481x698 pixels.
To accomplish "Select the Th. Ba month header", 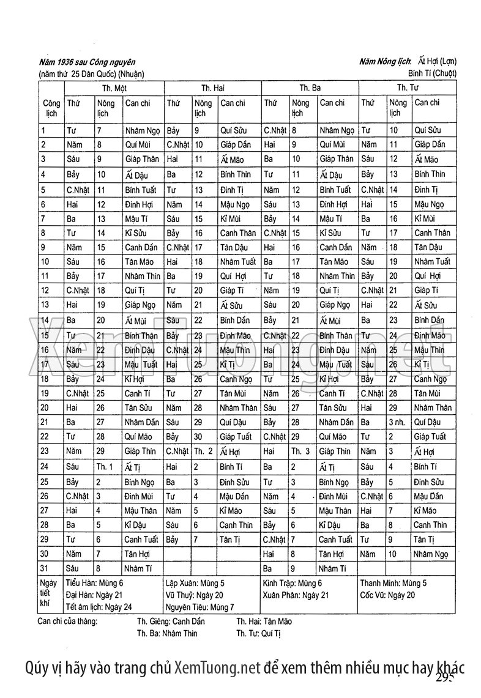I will tap(310, 88).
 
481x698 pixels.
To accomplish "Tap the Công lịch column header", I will tap(51, 108).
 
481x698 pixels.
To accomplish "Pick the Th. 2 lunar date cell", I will tap(203, 451).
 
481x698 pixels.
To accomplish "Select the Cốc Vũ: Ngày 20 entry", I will tap(388, 595).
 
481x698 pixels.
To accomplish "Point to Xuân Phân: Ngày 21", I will tap(296, 595).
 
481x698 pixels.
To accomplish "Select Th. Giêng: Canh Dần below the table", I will tap(171, 621).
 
